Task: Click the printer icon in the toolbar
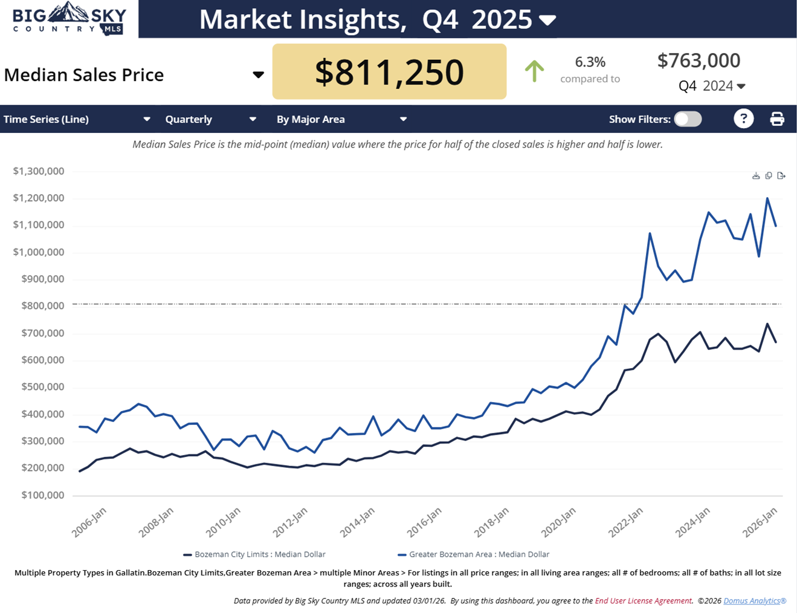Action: [x=777, y=119]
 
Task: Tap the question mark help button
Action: [x=743, y=119]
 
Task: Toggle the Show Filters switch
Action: [x=688, y=119]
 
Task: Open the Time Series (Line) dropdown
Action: [x=77, y=119]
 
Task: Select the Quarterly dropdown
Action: [x=210, y=119]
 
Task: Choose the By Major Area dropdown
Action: [x=341, y=119]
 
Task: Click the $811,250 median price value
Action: [x=389, y=72]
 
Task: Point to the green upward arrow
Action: [x=534, y=71]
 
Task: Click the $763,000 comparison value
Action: [x=699, y=60]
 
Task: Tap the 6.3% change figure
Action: [x=590, y=62]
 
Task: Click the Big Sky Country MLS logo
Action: [x=69, y=19]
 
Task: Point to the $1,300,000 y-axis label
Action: [x=39, y=171]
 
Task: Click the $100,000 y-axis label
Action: [x=42, y=495]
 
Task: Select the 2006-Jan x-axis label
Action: [x=89, y=522]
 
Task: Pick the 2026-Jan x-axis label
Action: [x=759, y=522]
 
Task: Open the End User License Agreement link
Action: [x=643, y=601]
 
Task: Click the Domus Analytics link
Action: [x=755, y=601]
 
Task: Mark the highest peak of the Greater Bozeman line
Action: [x=767, y=198]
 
